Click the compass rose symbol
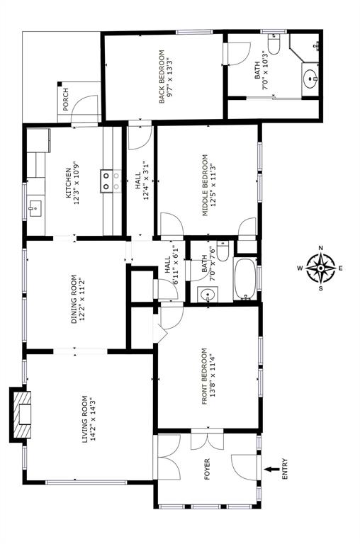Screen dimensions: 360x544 click(x=321, y=268)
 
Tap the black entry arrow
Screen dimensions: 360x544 click(x=272, y=470)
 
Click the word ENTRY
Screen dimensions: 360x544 click(x=285, y=469)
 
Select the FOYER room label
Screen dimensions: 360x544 click(x=207, y=469)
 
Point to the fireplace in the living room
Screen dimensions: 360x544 click(x=20, y=414)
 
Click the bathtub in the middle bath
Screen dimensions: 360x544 click(x=245, y=279)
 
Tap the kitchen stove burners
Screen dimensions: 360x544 click(x=106, y=181)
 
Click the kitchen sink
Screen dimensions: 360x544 click(x=34, y=208)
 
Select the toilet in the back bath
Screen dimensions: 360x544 click(x=274, y=45)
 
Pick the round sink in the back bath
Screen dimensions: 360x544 click(x=310, y=79)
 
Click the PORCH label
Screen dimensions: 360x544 click(x=66, y=100)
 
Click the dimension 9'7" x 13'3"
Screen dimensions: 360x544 click(x=170, y=77)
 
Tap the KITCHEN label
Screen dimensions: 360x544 click(x=69, y=183)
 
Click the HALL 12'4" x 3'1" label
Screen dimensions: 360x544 click(x=142, y=181)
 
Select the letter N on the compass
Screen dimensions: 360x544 click(x=321, y=248)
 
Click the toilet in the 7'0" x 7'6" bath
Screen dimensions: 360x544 click(x=223, y=251)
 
